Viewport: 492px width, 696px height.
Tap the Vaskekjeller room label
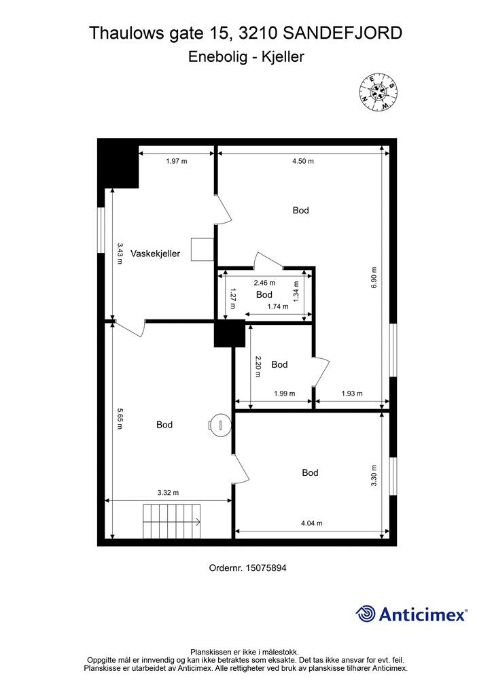tap(156, 254)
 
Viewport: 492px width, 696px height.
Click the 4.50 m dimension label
tap(302, 161)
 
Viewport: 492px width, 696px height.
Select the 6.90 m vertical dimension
tap(373, 277)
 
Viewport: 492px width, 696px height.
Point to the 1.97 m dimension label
tap(176, 161)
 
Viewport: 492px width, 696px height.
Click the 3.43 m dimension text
tap(120, 254)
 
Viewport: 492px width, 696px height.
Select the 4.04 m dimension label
tap(311, 523)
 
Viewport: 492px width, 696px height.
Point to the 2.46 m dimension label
tap(264, 283)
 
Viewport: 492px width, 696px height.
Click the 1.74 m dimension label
tap(277, 307)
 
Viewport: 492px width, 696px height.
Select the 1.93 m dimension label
tap(351, 394)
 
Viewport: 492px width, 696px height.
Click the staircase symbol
tap(171, 521)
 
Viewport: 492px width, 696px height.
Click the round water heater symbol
tap(219, 425)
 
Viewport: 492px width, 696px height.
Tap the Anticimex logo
tap(412, 614)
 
